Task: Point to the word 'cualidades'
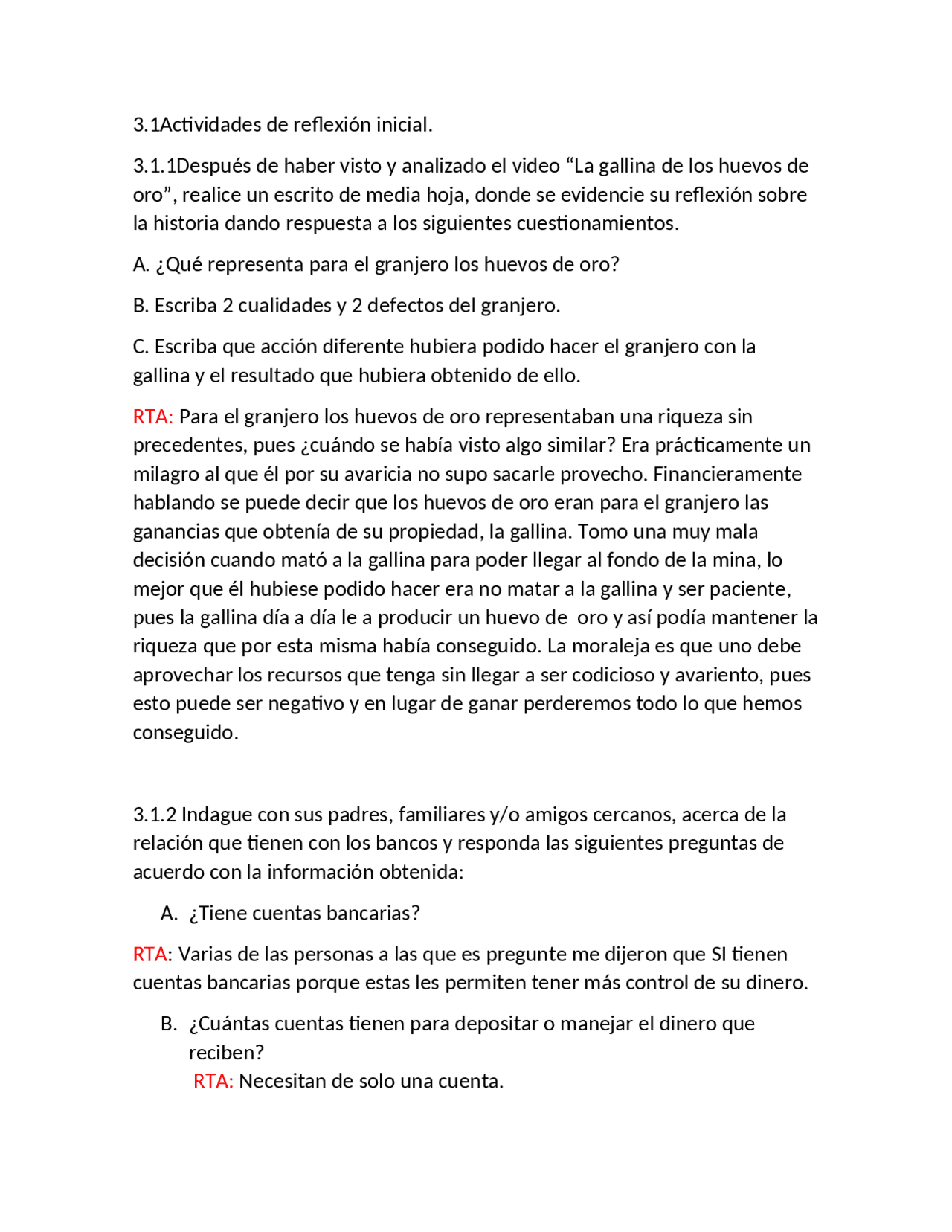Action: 285,305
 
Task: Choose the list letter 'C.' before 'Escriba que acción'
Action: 141,346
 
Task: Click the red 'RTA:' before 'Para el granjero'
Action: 153,416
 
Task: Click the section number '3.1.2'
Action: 155,814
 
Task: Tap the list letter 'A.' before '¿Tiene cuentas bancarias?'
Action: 169,913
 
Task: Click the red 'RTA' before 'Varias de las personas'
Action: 150,954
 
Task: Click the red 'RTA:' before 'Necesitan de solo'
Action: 213,1081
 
